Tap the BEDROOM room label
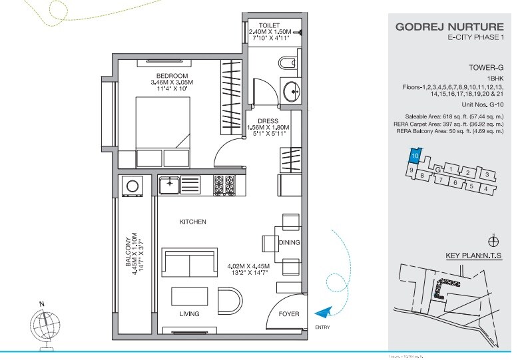pos(172,75)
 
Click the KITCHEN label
pos(192,222)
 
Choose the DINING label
pos(290,242)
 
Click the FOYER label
pos(289,313)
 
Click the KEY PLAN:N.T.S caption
pos(477,256)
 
